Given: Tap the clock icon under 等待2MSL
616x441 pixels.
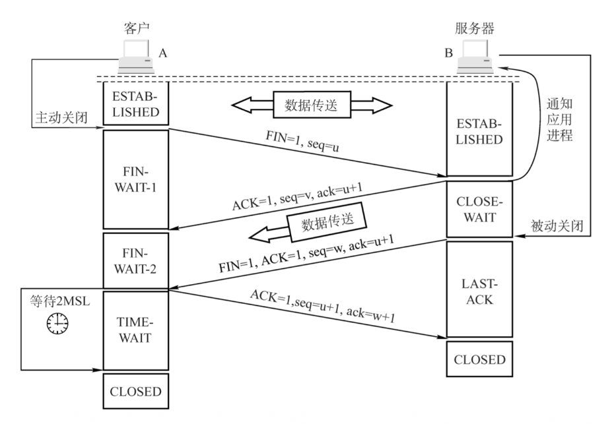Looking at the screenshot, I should [x=57, y=322].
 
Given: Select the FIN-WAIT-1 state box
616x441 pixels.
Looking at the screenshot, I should [x=135, y=179].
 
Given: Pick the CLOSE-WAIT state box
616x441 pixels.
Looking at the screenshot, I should [x=479, y=209].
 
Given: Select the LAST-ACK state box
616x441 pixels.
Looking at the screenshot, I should [x=479, y=289].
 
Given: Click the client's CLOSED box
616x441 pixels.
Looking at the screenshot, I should [x=135, y=391].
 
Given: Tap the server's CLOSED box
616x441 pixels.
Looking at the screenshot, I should [x=479, y=359].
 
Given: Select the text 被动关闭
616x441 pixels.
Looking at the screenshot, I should [x=557, y=226].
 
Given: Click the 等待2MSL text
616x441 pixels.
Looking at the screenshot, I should [x=57, y=300].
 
